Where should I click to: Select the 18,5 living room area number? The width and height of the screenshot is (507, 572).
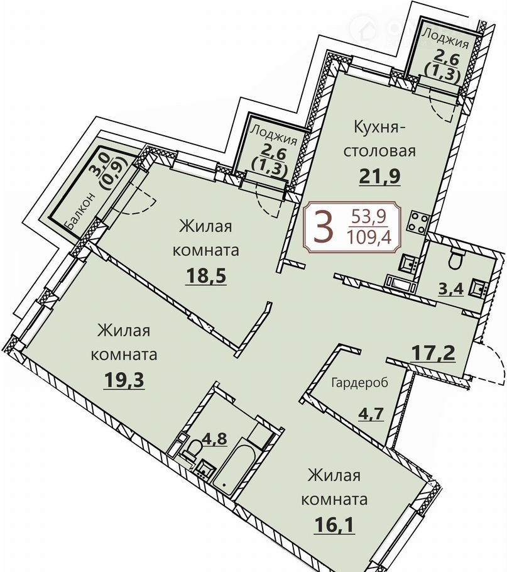(206, 275)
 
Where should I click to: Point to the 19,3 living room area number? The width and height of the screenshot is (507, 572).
(124, 380)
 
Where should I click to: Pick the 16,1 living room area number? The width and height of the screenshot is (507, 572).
(334, 525)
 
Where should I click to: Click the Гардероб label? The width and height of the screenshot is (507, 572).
(360, 383)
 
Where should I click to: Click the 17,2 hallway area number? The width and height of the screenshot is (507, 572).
(433, 353)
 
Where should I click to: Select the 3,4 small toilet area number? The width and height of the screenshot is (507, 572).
(451, 290)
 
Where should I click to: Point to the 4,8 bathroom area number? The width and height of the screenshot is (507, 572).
(217, 439)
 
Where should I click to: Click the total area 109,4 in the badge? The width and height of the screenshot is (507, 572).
(369, 238)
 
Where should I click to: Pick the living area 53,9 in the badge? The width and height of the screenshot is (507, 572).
(369, 218)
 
